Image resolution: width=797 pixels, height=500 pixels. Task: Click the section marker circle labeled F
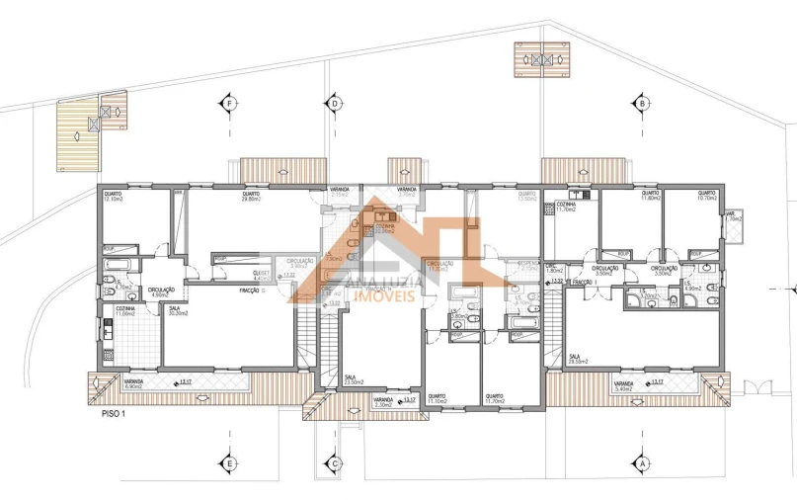[x=229, y=103]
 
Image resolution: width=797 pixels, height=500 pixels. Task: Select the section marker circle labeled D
[x=335, y=103]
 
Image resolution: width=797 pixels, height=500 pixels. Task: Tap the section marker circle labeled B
[x=642, y=103]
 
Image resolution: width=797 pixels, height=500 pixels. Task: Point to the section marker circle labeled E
[x=229, y=462]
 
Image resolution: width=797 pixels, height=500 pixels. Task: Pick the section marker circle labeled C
[x=335, y=462]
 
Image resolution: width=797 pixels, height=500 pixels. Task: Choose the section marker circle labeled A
[x=642, y=462]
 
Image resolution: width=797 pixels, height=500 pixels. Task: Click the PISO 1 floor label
[x=114, y=415]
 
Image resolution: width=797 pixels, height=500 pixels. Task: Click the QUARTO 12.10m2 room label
[x=113, y=195]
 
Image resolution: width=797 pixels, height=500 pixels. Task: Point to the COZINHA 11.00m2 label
[x=125, y=310]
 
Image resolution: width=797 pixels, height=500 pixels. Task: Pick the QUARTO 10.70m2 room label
[x=706, y=195]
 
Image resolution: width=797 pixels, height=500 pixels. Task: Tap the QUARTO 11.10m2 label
[x=436, y=399]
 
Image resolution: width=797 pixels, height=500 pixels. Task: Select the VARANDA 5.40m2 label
[x=623, y=385]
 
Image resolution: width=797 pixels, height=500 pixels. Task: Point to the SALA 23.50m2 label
[x=354, y=379]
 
